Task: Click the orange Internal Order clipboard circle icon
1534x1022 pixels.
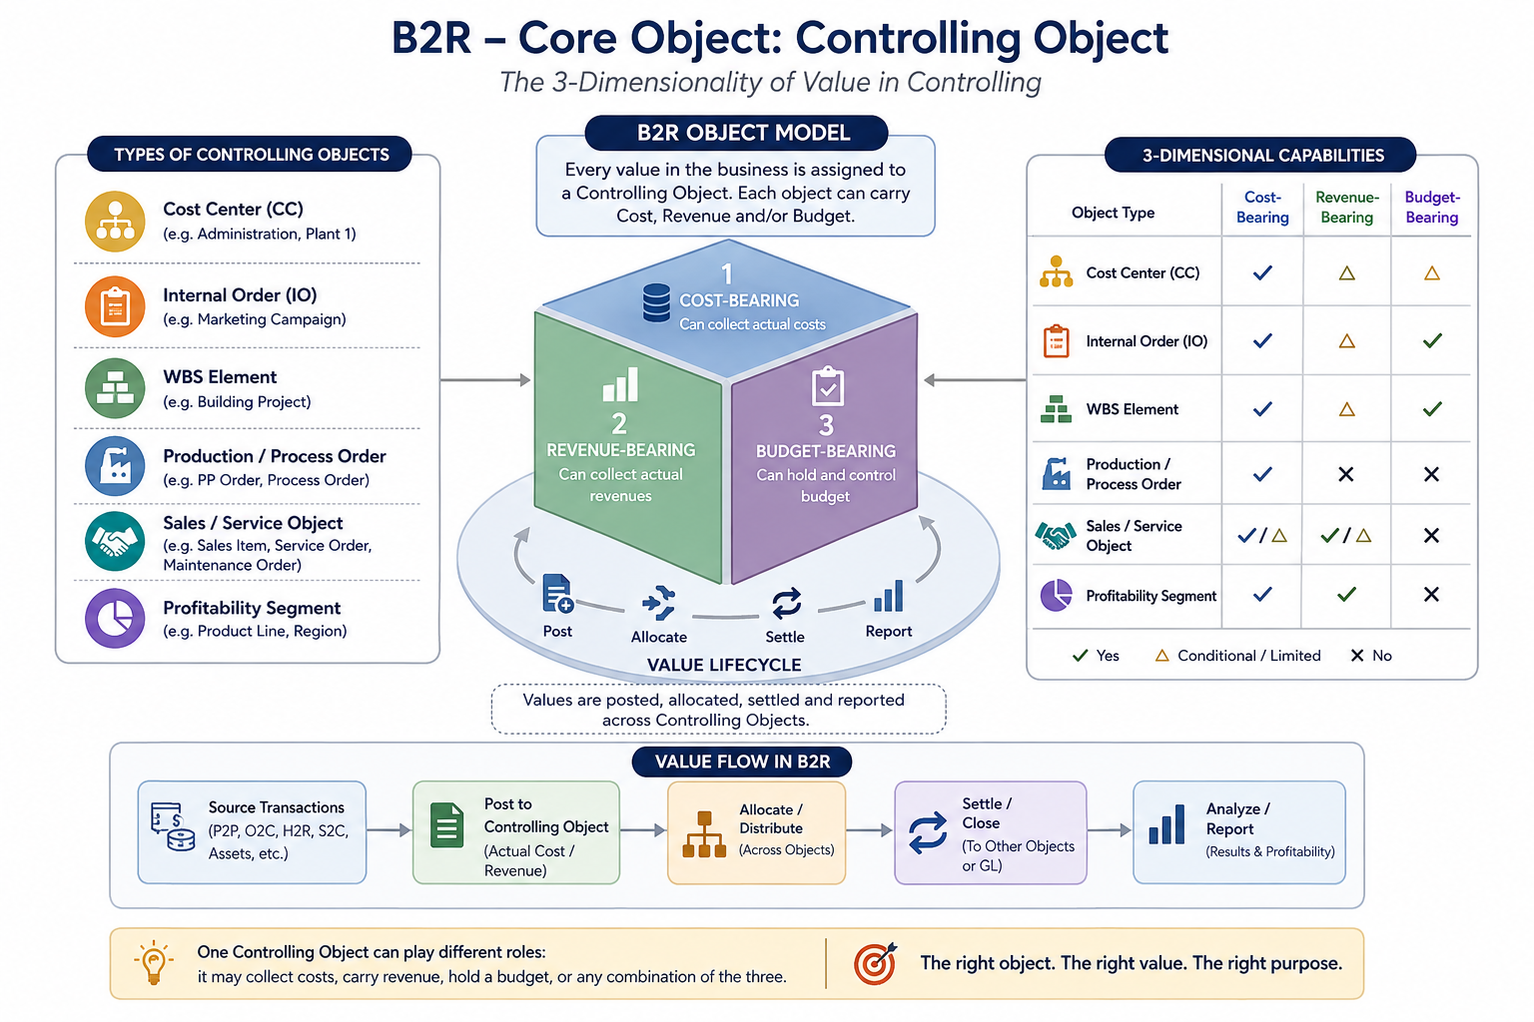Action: pyautogui.click(x=115, y=306)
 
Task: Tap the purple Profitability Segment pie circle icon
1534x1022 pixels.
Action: pyautogui.click(x=115, y=618)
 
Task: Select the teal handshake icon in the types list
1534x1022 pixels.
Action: pyautogui.click(x=115, y=541)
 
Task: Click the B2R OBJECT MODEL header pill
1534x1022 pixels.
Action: pyautogui.click(x=736, y=133)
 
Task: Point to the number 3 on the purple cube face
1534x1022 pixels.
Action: pyautogui.click(x=826, y=426)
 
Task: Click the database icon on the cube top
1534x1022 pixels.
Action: pyautogui.click(x=656, y=302)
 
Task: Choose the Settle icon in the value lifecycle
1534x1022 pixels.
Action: pyautogui.click(x=786, y=603)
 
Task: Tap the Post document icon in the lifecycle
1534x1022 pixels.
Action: pyautogui.click(x=557, y=593)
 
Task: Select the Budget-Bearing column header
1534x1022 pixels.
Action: pyautogui.click(x=1432, y=207)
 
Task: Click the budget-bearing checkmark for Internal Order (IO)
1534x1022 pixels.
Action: pyautogui.click(x=1432, y=340)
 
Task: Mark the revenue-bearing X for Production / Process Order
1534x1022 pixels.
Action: pyautogui.click(x=1345, y=474)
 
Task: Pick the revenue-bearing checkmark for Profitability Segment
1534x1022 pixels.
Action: pyautogui.click(x=1346, y=594)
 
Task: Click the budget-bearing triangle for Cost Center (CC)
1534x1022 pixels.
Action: pyautogui.click(x=1431, y=273)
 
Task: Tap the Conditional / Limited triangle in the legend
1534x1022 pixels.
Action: pyautogui.click(x=1162, y=656)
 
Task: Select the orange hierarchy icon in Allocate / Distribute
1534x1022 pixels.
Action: pyautogui.click(x=704, y=833)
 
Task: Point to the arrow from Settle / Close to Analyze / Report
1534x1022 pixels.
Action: pyautogui.click(x=1109, y=830)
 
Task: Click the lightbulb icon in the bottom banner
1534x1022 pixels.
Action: pyautogui.click(x=154, y=962)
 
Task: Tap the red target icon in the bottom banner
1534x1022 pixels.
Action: pyautogui.click(x=875, y=963)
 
